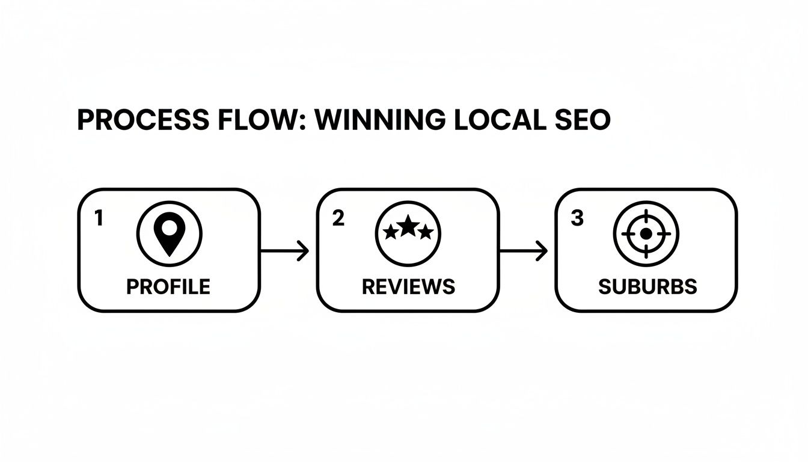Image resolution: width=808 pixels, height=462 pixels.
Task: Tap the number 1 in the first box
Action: tap(99, 219)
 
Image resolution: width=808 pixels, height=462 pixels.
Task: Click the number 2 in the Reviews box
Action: tap(338, 219)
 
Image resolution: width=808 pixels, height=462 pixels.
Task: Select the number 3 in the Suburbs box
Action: tap(577, 219)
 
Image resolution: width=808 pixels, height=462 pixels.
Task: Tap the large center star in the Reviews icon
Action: tap(408, 226)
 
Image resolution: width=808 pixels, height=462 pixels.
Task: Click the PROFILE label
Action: tap(168, 287)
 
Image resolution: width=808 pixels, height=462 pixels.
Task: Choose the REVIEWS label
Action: tap(408, 287)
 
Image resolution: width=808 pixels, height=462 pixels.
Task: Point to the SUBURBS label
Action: tap(647, 287)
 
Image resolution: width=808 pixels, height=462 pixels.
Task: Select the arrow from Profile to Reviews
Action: tap(286, 251)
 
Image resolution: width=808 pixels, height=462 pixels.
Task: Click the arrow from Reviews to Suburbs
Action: tap(524, 251)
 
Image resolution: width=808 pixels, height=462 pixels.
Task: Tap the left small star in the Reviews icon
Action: tap(391, 232)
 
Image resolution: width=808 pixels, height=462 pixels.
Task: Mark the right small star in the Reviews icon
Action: tap(426, 232)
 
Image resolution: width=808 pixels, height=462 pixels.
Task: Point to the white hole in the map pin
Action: tap(170, 228)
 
